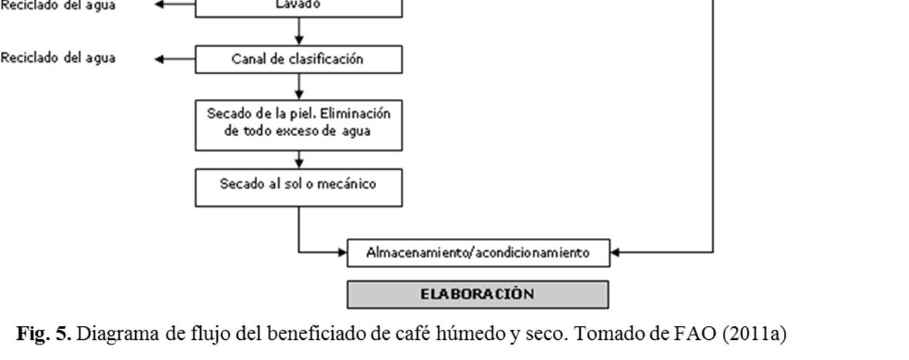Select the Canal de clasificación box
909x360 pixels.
pyautogui.click(x=299, y=59)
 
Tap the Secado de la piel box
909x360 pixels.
pyautogui.click(x=299, y=122)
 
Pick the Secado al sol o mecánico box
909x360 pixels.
pyautogui.click(x=299, y=185)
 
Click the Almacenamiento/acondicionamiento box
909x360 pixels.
pyautogui.click(x=478, y=252)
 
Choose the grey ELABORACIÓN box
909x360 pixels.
pyautogui.click(x=478, y=294)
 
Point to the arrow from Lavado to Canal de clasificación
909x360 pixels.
pyautogui.click(x=299, y=32)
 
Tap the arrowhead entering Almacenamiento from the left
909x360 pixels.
pyautogui.click(x=342, y=252)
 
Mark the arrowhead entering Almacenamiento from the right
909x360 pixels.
pyautogui.click(x=615, y=252)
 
